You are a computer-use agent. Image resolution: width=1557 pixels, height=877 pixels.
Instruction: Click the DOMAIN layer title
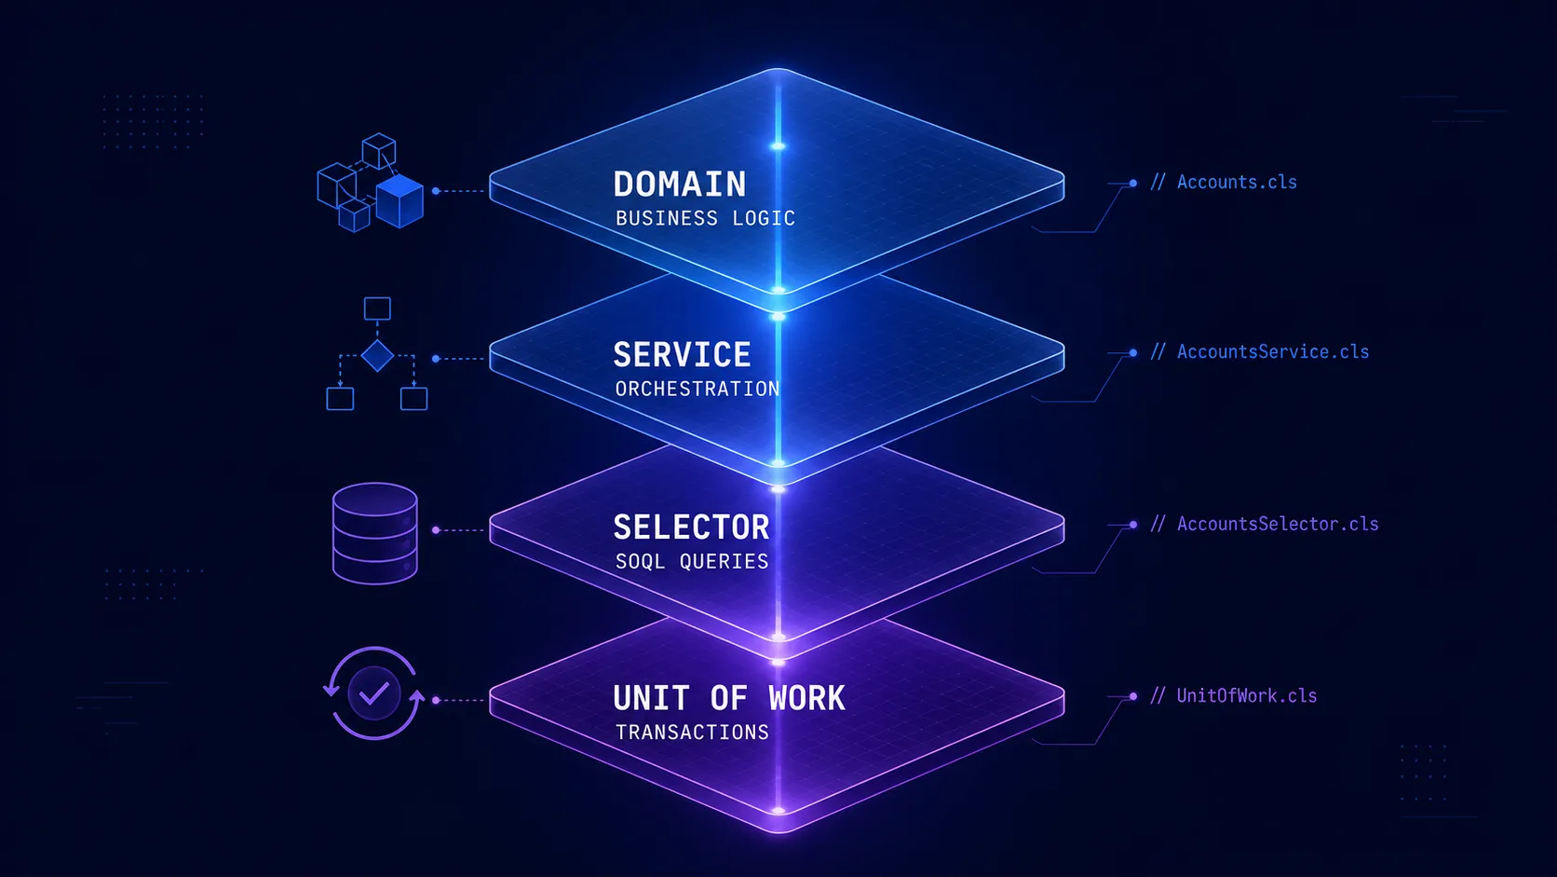click(x=680, y=185)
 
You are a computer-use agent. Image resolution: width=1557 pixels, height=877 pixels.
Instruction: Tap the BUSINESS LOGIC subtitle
click(x=705, y=218)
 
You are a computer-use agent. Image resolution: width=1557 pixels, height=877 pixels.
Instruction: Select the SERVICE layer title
click(x=682, y=355)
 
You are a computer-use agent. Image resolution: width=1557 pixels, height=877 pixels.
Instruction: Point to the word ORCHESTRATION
click(x=697, y=389)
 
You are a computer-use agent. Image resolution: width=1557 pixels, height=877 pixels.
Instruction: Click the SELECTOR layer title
click(x=691, y=528)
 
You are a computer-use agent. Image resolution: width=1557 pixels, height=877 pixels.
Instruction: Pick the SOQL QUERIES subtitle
click(x=692, y=561)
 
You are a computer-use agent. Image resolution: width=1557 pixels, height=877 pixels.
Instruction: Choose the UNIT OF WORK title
click(x=729, y=698)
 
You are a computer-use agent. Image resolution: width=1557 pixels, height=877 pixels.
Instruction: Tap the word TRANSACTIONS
click(x=692, y=733)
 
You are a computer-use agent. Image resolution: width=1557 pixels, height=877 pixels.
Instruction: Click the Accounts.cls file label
click(x=1236, y=183)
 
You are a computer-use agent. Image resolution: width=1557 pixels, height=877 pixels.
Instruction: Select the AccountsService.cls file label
click(x=1272, y=352)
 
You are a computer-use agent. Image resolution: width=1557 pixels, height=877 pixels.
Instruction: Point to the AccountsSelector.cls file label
click(x=1277, y=525)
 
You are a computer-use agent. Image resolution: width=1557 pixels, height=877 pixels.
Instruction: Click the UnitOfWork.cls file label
click(x=1246, y=696)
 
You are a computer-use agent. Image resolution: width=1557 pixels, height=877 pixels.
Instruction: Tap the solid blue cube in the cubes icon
click(x=399, y=202)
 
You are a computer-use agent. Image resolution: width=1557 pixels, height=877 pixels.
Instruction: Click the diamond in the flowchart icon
click(x=377, y=356)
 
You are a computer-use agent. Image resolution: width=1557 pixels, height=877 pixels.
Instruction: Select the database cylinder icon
click(x=375, y=533)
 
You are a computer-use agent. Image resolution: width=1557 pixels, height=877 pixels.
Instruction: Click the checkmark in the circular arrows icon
click(x=374, y=693)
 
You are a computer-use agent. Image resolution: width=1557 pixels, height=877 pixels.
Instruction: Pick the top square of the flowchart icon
click(x=377, y=308)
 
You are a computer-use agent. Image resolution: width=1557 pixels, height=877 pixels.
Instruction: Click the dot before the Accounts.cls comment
click(x=1133, y=184)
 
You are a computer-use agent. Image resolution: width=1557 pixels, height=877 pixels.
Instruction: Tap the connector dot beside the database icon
click(x=436, y=530)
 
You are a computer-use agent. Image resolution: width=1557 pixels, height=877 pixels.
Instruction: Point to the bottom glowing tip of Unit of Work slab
click(x=778, y=811)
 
